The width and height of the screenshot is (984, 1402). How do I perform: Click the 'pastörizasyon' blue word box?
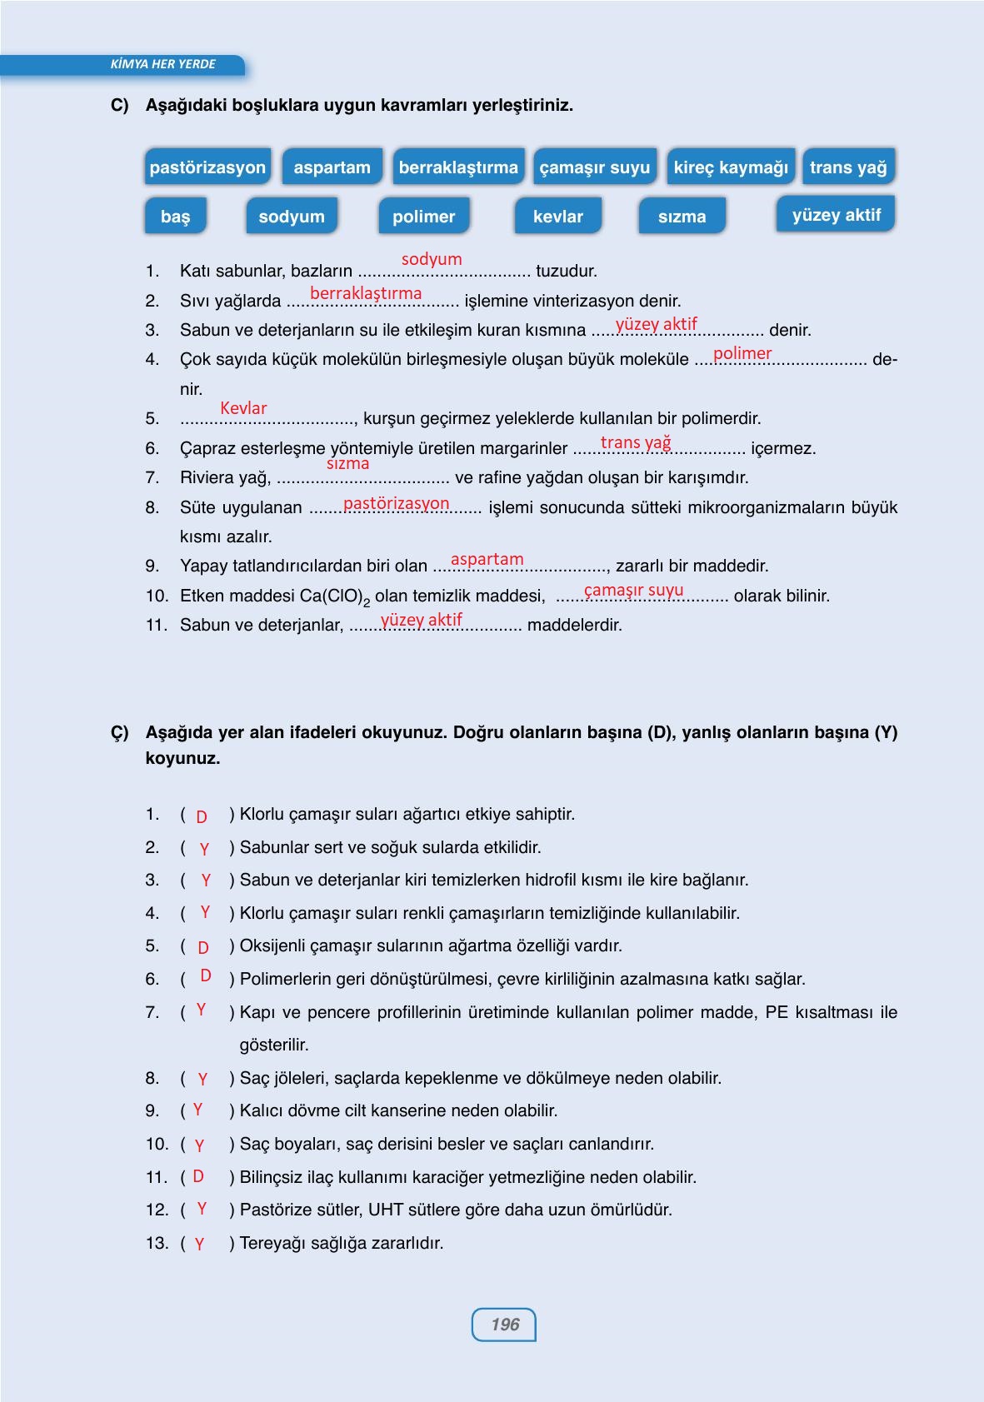(x=207, y=167)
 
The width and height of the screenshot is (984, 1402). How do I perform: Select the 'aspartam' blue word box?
(x=332, y=167)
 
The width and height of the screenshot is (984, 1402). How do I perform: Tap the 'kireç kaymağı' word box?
(x=731, y=167)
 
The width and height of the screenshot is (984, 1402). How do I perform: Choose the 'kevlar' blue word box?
(x=557, y=217)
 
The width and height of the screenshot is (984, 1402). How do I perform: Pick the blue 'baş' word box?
(x=175, y=217)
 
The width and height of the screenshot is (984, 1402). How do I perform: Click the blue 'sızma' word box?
(x=682, y=217)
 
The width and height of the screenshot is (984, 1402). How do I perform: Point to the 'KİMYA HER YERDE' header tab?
(x=162, y=64)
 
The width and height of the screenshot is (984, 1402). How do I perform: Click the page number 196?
(x=504, y=1325)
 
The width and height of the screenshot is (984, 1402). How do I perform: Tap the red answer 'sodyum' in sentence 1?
(x=432, y=259)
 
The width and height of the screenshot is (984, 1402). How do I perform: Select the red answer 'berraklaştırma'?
(x=366, y=293)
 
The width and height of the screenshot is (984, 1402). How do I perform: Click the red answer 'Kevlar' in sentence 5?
(x=243, y=408)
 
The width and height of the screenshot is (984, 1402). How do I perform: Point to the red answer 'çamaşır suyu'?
(x=633, y=591)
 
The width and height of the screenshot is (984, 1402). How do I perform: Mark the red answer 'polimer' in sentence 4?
(x=742, y=353)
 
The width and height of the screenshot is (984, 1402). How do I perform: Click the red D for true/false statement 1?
(x=202, y=817)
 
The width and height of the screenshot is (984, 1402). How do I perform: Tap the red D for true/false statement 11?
(x=198, y=1176)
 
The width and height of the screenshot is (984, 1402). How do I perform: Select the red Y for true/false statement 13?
(x=199, y=1244)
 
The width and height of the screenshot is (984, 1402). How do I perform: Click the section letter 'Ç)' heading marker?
(x=120, y=733)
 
